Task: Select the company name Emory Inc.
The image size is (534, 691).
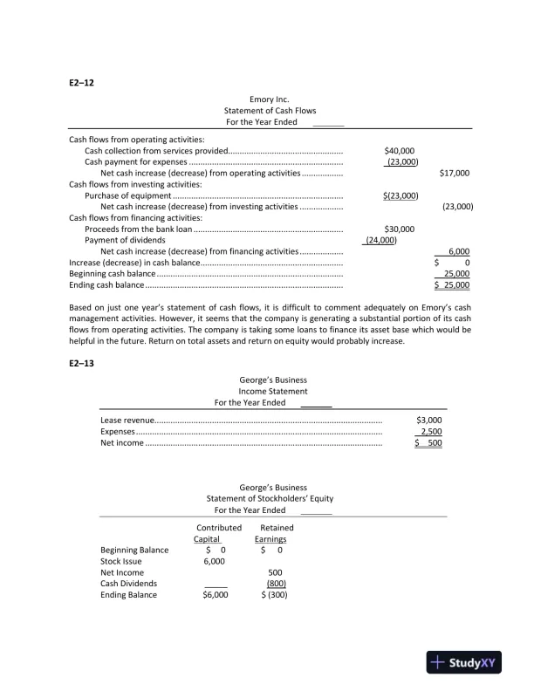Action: (x=269, y=100)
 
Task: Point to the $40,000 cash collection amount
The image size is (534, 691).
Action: (x=399, y=150)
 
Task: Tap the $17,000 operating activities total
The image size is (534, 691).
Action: (x=455, y=173)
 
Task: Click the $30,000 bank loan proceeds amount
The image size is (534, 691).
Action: (x=399, y=229)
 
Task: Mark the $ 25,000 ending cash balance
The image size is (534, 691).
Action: (x=453, y=285)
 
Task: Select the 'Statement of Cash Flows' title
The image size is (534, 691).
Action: (x=270, y=112)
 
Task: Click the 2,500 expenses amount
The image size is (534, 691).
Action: (x=431, y=432)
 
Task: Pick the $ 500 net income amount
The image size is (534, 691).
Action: (x=428, y=443)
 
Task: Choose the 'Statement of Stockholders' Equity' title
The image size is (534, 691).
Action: (x=272, y=498)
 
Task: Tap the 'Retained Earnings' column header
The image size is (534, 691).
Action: (x=277, y=534)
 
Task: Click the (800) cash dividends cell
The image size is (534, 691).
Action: (x=277, y=584)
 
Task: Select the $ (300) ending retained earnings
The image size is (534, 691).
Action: (x=276, y=595)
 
